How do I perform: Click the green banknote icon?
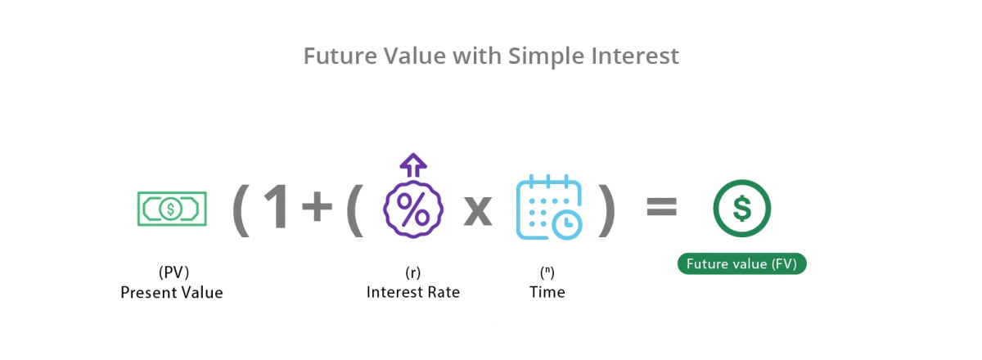[x=171, y=209]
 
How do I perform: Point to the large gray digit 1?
[x=275, y=209]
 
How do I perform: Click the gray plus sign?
[x=318, y=209]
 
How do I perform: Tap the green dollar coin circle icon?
[x=741, y=209]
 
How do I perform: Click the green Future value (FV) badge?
[x=741, y=263]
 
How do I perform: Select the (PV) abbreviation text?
[x=171, y=272]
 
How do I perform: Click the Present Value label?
[x=171, y=292]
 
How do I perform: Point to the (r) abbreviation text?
[x=413, y=272]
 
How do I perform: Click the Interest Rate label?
[x=413, y=292]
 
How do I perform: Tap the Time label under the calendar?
[x=547, y=292]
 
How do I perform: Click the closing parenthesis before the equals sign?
[x=606, y=210]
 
